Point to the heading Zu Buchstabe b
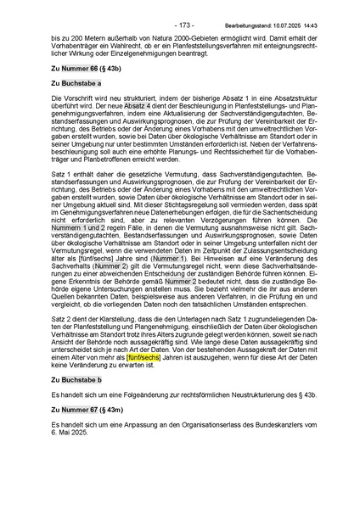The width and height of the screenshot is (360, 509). pyautogui.click(x=76, y=369)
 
